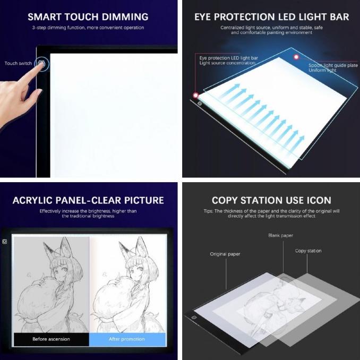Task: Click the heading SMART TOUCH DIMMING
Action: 88,17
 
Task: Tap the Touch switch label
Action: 18,63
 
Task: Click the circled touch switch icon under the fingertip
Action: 41,64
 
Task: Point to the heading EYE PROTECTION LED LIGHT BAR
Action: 271,17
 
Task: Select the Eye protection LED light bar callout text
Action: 228,61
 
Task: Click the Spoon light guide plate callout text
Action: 333,68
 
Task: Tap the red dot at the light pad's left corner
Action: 195,95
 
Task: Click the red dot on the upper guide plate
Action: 296,57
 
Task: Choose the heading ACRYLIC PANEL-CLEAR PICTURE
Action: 88,200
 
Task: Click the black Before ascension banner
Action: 51,339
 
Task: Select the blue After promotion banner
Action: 127,339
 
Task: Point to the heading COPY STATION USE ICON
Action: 271,200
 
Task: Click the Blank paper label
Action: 280,235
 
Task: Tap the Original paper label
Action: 225,254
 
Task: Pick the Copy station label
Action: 308,251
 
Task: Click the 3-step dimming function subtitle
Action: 88,28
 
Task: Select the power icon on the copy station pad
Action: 194,318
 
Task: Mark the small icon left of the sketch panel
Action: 5,242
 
